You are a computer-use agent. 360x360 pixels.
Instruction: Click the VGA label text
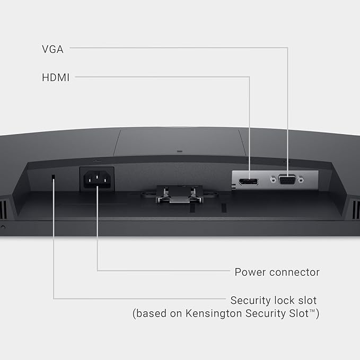52,49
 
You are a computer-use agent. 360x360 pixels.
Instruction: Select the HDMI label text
56,77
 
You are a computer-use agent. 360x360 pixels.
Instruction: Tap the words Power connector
277,273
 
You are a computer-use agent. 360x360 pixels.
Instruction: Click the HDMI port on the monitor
248,182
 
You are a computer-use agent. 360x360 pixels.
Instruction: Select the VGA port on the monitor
287,180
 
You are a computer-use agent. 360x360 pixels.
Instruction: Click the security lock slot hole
54,179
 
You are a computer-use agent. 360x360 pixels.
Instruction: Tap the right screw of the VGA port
301,180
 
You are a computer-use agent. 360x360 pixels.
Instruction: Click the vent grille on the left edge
4,208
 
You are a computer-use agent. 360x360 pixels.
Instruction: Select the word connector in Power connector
294,273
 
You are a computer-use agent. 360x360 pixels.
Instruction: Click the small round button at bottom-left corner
3,227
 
